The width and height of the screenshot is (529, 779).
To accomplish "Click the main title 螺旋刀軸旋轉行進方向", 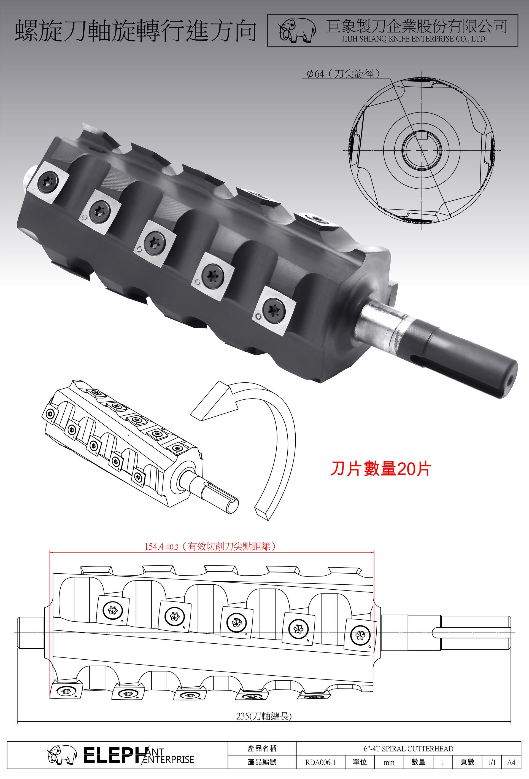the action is (136, 31).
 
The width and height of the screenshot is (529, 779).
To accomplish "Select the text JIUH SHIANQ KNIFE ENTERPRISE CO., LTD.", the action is (414, 39).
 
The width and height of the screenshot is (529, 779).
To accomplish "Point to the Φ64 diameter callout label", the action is (343, 74).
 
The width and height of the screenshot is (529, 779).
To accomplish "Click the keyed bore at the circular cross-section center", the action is (422, 149).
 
